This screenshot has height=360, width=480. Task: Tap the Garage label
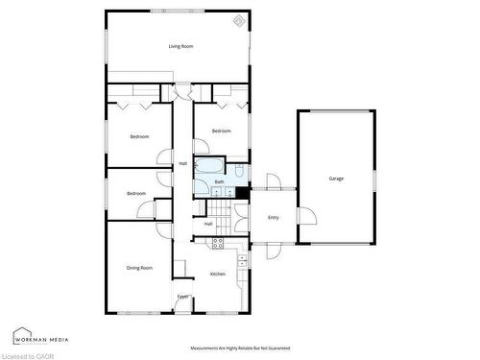click(336, 179)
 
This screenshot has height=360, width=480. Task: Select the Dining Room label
click(139, 268)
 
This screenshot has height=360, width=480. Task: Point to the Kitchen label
click(218, 275)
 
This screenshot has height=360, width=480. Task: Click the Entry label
click(274, 218)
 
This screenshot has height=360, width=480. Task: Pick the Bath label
click(220, 182)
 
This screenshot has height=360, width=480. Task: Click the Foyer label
click(182, 297)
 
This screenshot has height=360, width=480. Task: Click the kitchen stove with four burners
click(218, 241)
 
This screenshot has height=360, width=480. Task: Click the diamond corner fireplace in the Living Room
click(238, 21)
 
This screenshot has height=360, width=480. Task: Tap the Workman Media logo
click(37, 338)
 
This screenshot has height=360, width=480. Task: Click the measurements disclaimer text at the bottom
click(240, 348)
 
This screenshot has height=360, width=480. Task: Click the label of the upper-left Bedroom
click(140, 136)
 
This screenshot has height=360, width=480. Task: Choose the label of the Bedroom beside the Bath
click(222, 131)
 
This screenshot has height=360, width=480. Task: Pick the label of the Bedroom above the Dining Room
click(136, 194)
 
